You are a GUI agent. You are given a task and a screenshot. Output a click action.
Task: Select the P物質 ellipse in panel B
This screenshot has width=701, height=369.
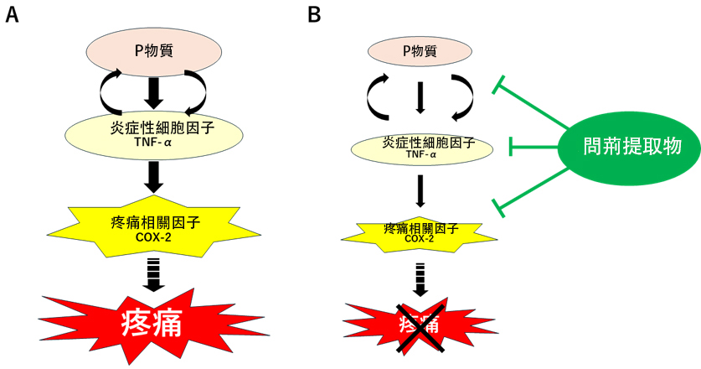(x=420, y=52)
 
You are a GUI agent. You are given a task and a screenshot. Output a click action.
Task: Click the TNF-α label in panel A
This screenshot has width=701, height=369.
(x=153, y=144)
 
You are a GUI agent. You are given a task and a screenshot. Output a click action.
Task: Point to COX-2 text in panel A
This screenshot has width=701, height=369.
(x=153, y=236)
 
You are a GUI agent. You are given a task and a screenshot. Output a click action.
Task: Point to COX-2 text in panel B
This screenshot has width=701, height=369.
(x=420, y=238)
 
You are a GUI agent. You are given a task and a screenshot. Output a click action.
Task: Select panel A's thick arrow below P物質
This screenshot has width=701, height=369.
(x=153, y=91)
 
